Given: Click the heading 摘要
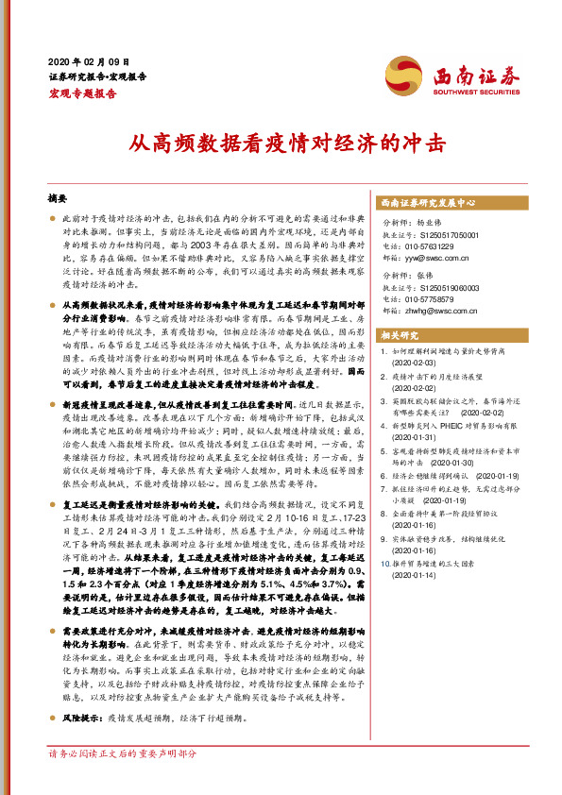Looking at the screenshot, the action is [58, 200].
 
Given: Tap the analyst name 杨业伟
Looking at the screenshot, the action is [431, 221].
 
